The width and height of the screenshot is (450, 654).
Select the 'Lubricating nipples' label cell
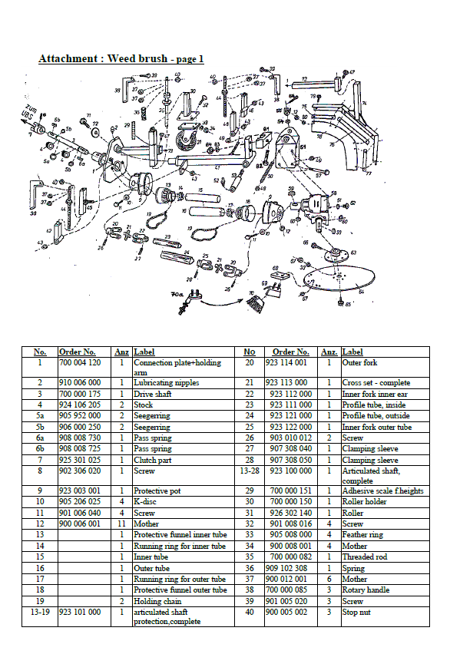pos(167,382)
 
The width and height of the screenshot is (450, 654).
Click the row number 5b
pos(39,426)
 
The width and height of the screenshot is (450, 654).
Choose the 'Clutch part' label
pos(152,459)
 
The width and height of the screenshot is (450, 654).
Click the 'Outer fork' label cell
pos(359,362)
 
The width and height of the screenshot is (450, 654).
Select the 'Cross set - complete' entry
pos(376,382)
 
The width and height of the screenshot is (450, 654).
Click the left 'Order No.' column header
pos(78,352)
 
